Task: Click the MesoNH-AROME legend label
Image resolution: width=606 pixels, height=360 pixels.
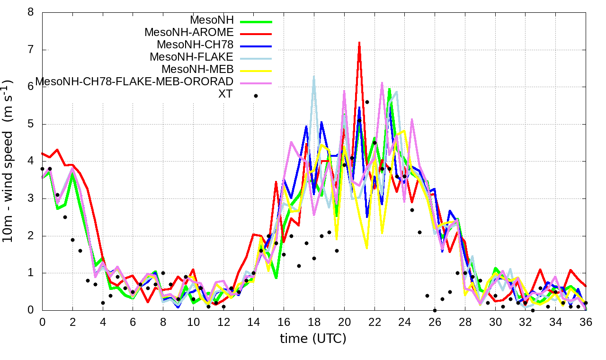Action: point(189,33)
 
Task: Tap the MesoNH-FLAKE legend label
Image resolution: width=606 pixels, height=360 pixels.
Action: point(192,57)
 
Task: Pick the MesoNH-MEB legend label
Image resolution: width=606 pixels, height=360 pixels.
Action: point(201,70)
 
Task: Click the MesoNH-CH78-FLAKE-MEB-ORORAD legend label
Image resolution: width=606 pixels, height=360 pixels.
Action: point(134,81)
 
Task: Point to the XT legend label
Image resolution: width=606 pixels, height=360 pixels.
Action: point(225,94)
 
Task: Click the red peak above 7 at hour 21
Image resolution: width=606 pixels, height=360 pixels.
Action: point(359,43)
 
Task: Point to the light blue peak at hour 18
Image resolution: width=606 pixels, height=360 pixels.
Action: point(314,76)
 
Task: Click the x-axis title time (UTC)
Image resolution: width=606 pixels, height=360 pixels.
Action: point(313,339)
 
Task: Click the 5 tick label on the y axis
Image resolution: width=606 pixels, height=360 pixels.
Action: point(31,124)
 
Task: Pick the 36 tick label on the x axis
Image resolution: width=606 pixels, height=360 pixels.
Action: point(586,322)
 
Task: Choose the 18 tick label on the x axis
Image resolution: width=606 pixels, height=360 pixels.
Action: point(314,322)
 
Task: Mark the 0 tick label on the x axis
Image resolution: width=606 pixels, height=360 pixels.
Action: point(42,322)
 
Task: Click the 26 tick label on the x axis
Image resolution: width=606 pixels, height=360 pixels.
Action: point(435,322)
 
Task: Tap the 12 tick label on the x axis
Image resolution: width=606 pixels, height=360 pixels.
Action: point(223,322)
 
